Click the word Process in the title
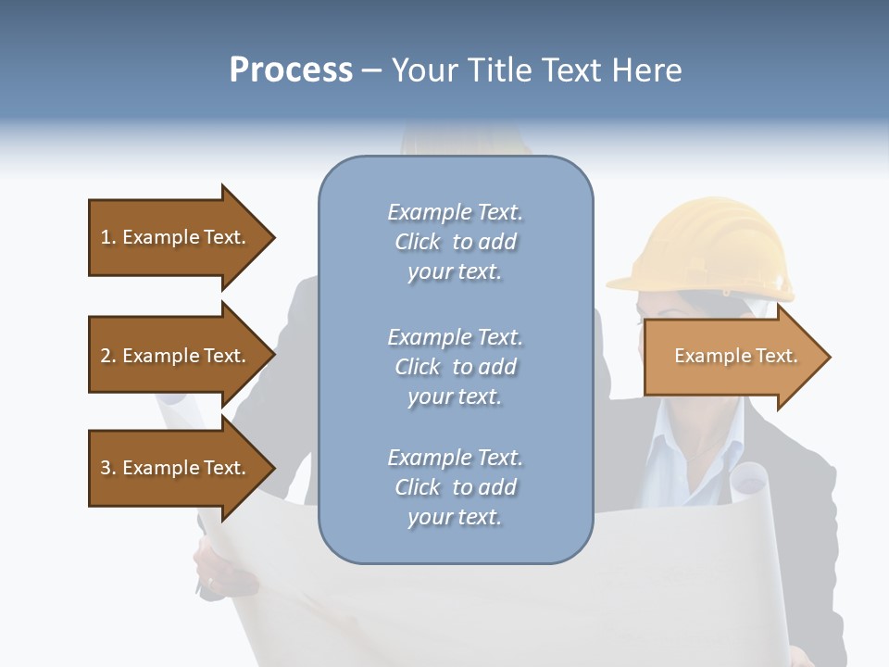tap(291, 70)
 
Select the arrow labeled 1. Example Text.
tap(176, 237)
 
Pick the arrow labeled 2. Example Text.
tap(176, 356)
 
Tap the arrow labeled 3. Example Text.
tap(176, 468)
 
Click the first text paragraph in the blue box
tap(455, 242)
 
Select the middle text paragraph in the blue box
tap(455, 367)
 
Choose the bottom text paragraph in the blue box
tap(455, 487)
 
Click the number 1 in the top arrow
tap(106, 238)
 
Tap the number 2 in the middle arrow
tap(106, 357)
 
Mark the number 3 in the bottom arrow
tap(106, 469)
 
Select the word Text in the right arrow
tap(777, 357)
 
